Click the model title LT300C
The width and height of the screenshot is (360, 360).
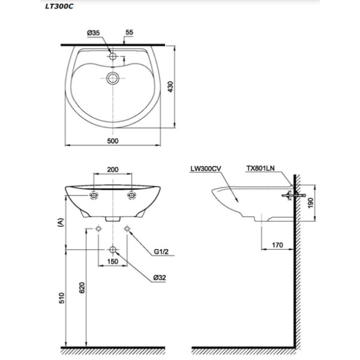click(x=59, y=6)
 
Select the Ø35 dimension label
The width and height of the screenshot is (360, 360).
click(x=93, y=33)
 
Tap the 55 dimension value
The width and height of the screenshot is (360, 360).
click(x=129, y=33)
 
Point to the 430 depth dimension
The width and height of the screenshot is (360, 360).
click(x=170, y=87)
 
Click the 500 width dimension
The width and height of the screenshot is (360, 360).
click(x=113, y=140)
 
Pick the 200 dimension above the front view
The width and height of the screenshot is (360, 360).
click(x=113, y=170)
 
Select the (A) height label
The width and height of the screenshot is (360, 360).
click(x=61, y=223)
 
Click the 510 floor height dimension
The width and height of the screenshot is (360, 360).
click(x=62, y=298)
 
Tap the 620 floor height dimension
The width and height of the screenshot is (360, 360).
click(x=82, y=288)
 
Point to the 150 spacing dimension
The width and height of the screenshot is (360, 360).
click(x=113, y=261)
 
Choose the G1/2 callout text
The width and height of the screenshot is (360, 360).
click(x=161, y=251)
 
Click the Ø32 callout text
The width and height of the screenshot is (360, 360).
click(x=159, y=278)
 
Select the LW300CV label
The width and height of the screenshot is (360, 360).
click(x=205, y=169)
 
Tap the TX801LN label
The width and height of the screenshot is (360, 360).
click(x=261, y=168)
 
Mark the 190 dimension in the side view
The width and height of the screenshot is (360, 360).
click(x=310, y=203)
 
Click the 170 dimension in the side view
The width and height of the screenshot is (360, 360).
click(x=278, y=245)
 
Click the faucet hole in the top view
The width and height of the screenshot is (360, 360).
click(x=113, y=56)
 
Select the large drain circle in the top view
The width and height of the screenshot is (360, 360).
click(x=113, y=78)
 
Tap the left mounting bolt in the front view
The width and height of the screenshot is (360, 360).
click(x=94, y=196)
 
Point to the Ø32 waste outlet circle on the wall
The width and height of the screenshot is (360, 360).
click(x=113, y=250)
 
